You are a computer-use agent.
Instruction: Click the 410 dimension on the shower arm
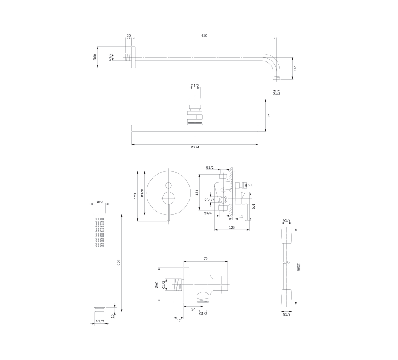[204, 36]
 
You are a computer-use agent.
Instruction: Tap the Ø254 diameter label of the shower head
[195, 147]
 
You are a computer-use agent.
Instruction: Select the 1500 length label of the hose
[299, 267]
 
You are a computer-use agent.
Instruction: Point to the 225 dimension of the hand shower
[119, 262]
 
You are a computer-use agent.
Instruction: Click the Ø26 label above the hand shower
[100, 202]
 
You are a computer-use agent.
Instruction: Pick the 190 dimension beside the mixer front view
[135, 196]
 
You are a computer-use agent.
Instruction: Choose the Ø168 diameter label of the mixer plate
[142, 193]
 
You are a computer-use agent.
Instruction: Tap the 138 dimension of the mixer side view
[196, 192]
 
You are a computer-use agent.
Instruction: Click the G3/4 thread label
[207, 213]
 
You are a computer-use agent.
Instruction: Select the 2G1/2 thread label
[209, 200]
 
